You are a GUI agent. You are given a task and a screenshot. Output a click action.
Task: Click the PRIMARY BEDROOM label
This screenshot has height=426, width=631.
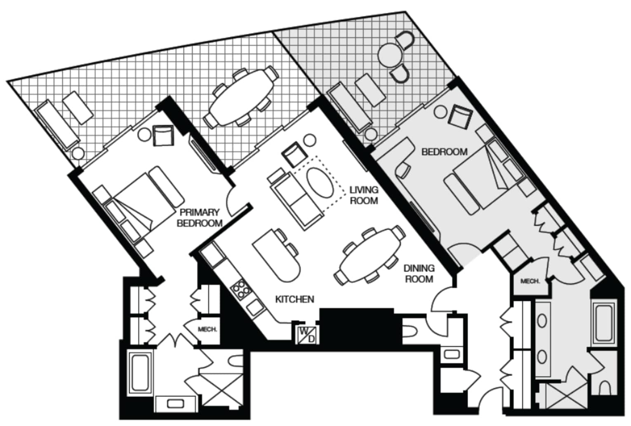200,218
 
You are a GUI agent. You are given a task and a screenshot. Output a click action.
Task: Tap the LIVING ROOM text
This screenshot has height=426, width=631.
364,195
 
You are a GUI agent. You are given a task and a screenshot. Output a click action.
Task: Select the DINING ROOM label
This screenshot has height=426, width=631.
419,274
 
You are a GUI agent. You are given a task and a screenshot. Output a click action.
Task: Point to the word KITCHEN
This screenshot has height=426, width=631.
294,299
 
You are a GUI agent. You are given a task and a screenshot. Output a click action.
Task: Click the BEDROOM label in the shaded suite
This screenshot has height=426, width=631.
444,152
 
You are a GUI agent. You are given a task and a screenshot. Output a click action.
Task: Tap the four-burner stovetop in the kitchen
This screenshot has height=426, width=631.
240,289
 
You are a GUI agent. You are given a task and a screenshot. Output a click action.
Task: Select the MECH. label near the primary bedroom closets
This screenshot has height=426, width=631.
207,329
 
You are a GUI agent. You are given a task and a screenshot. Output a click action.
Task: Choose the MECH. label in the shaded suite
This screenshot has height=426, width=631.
530,281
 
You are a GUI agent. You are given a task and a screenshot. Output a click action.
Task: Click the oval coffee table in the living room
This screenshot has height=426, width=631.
320,183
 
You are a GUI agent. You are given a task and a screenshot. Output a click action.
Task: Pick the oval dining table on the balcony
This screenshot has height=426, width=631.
241,97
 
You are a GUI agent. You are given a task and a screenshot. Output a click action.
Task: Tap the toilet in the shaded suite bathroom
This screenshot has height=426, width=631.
605,388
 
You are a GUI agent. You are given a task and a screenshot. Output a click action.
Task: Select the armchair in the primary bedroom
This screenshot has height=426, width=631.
163,136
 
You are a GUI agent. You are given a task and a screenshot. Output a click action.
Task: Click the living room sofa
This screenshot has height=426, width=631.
296,201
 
